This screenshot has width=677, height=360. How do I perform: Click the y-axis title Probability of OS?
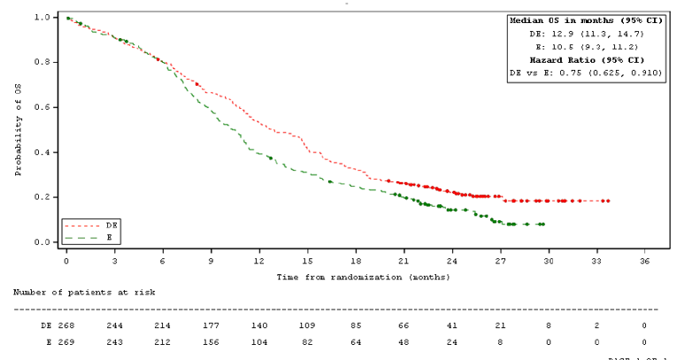coord(19,130)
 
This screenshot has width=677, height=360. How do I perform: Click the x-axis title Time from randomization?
coord(363,277)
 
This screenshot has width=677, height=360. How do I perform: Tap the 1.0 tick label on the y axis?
coord(42,18)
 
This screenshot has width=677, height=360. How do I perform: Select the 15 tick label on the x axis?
coord(307,262)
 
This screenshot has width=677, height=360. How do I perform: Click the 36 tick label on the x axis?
coord(644,262)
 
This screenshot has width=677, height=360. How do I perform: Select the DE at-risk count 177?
coord(211,326)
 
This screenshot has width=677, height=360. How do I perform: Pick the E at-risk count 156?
coord(211,341)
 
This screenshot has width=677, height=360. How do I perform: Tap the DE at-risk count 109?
coord(307,326)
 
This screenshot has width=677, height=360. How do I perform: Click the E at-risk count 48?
coord(404,341)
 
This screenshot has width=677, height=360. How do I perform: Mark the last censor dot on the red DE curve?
coord(608,201)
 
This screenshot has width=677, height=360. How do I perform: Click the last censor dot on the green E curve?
coord(542,225)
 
